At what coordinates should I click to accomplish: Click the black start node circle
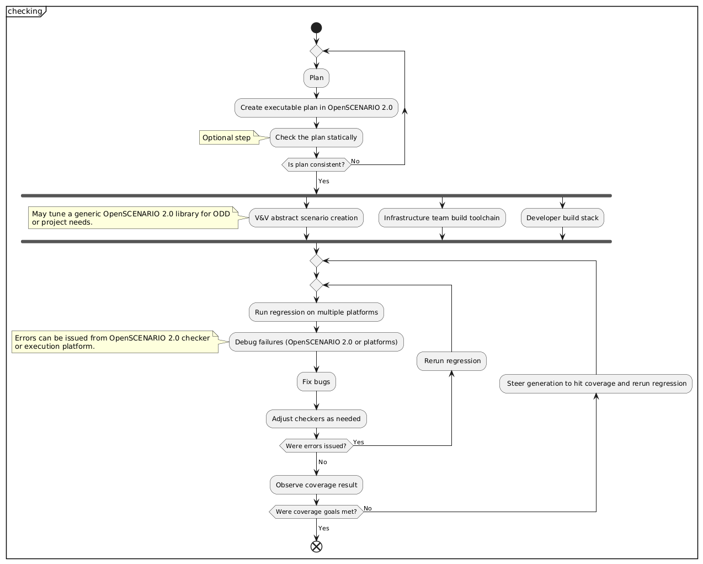pos(316,28)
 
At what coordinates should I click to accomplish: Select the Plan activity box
pos(316,78)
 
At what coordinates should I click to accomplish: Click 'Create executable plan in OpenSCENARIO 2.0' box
pos(316,108)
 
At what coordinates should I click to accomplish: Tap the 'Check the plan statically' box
pos(316,137)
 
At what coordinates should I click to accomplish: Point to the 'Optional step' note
pos(227,137)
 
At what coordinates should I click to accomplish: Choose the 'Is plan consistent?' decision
pos(316,164)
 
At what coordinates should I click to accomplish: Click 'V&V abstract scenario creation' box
pos(306,218)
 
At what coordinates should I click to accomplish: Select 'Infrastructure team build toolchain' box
pos(441,218)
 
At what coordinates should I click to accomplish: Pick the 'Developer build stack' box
pos(562,218)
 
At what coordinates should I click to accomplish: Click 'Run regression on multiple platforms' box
pos(316,312)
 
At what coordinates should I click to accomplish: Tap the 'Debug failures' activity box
pos(316,342)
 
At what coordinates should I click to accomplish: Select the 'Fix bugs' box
pos(316,382)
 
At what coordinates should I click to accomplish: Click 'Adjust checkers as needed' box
pos(316,419)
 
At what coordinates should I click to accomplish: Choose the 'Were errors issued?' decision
pos(316,446)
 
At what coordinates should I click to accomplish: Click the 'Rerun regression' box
pos(451,361)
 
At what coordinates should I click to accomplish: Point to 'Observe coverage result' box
pos(316,485)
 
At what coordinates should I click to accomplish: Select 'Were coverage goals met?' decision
pos(316,512)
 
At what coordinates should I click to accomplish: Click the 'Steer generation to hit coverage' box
pos(596,384)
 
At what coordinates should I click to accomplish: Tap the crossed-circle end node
pos(316,546)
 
